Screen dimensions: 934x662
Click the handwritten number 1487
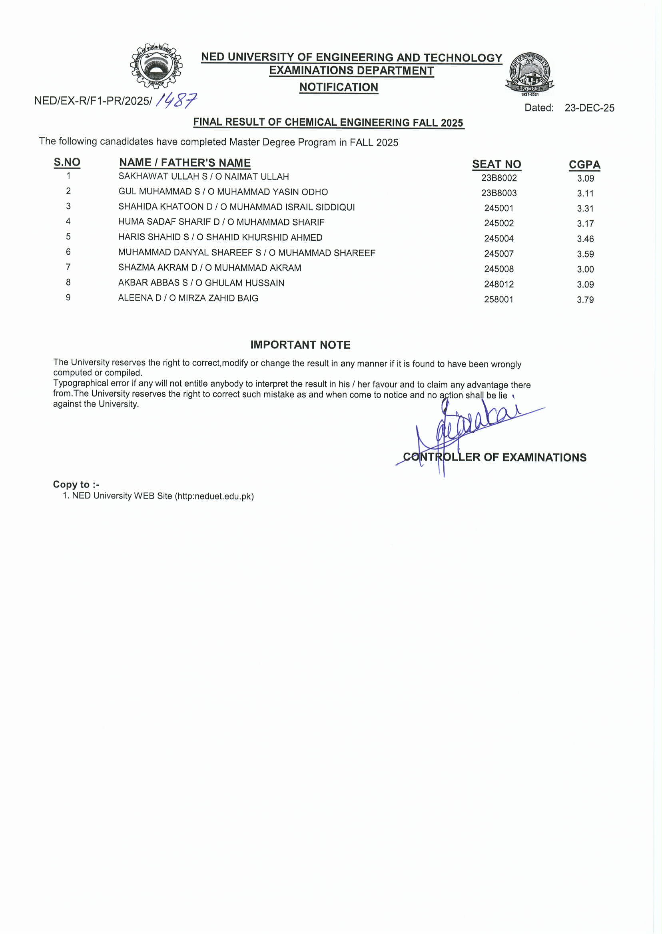177,100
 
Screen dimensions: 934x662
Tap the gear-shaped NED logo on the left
156,66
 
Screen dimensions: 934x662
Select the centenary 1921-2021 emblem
530,74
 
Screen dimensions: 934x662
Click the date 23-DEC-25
589,108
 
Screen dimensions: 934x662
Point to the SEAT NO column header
496,164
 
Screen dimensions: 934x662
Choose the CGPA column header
584,165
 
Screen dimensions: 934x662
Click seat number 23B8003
498,193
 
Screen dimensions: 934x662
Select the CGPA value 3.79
585,299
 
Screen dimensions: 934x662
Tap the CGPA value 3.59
585,254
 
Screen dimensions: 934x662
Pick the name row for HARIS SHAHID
220,237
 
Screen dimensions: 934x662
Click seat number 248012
498,284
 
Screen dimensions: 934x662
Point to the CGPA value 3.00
585,269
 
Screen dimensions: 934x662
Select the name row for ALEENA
188,298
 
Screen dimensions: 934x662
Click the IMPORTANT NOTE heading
301,345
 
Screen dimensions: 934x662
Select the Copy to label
76,484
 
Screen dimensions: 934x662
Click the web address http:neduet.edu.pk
214,496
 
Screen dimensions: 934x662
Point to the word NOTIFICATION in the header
339,87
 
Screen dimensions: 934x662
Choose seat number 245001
498,208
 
